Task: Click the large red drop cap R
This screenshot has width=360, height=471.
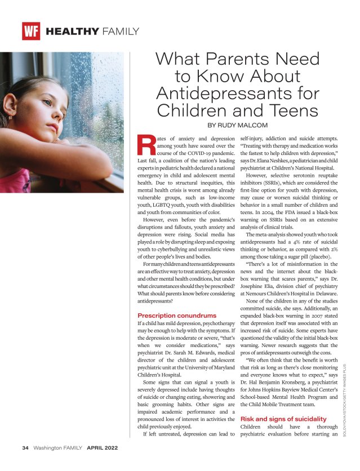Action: (146, 145)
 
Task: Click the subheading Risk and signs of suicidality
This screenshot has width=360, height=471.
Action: (283, 419)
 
